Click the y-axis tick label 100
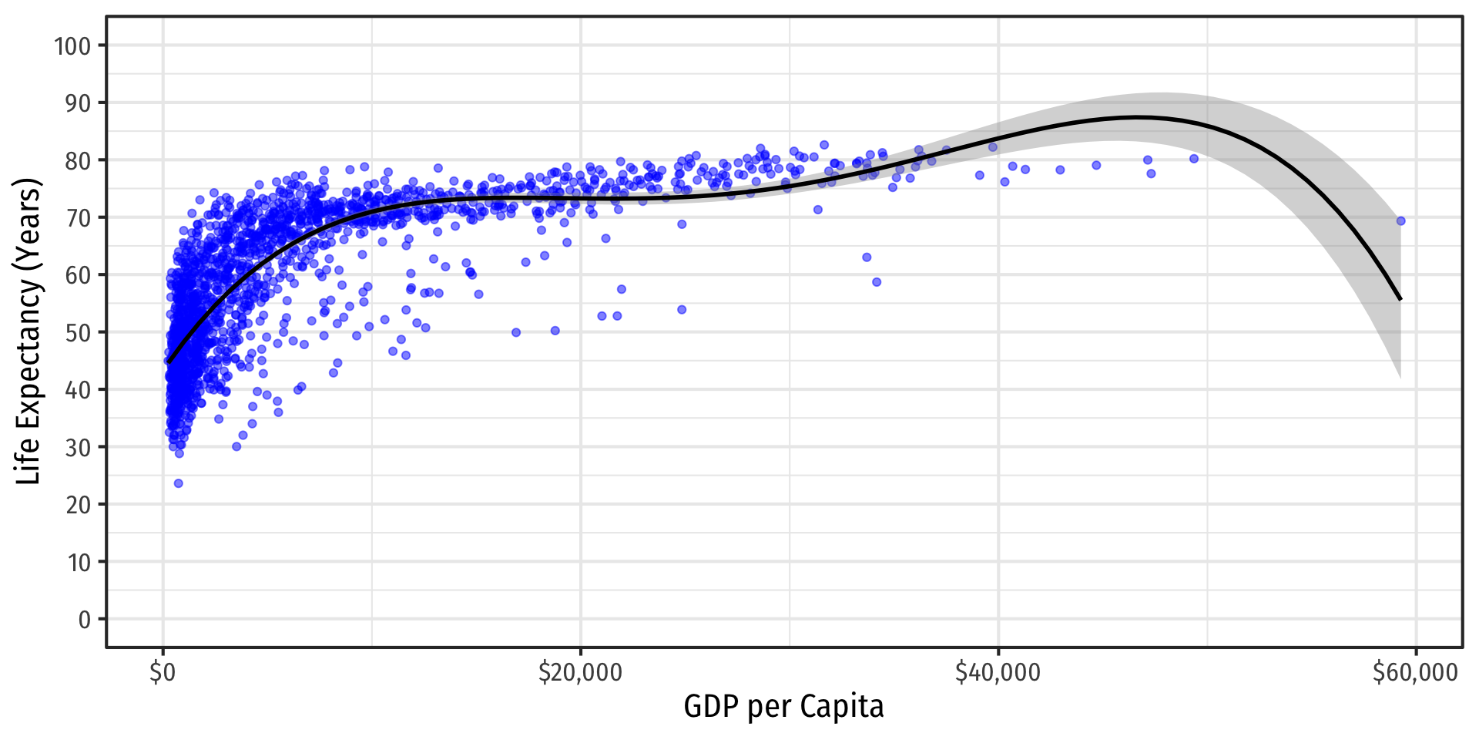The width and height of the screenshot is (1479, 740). click(x=72, y=46)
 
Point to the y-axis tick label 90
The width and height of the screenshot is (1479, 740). click(x=78, y=103)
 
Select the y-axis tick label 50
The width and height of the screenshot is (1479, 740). click(x=78, y=333)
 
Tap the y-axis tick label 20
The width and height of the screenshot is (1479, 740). click(x=78, y=505)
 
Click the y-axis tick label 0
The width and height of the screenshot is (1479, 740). click(x=84, y=620)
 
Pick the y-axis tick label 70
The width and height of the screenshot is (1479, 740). click(x=78, y=218)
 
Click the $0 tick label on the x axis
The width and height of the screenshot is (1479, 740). click(x=163, y=673)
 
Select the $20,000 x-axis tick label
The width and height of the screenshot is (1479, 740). click(x=580, y=673)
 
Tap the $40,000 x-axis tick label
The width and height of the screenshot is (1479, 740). click(x=998, y=673)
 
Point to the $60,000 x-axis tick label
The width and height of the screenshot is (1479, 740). click(x=1415, y=673)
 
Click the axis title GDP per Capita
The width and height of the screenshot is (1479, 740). click(x=783, y=707)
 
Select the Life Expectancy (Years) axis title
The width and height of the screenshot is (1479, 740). click(x=29, y=331)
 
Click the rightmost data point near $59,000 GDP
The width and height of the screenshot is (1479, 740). click(x=1400, y=221)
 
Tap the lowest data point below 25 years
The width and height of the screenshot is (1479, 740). click(x=178, y=483)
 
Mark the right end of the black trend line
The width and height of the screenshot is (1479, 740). click(x=1400, y=299)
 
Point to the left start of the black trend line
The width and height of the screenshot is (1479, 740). click(x=168, y=362)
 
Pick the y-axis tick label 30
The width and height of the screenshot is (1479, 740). click(x=78, y=448)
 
